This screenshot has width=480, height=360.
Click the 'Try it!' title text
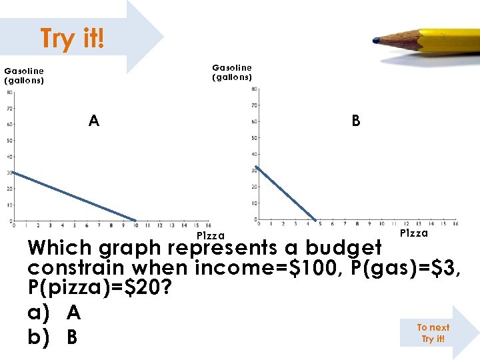[72, 39]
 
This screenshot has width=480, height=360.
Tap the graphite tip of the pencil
[377, 41]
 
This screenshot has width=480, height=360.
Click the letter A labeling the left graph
[94, 121]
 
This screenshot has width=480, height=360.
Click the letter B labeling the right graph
[356, 121]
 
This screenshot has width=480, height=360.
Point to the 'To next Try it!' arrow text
[433, 333]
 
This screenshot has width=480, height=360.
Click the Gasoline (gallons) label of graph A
[24, 75]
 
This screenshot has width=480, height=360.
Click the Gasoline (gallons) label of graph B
[232, 72]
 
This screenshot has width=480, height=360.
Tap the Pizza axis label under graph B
[414, 233]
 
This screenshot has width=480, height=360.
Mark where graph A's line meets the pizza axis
[136, 221]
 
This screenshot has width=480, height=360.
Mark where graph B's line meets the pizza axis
[317, 219]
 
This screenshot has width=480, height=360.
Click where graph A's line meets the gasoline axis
[12, 172]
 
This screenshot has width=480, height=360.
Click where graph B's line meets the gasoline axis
[257, 166]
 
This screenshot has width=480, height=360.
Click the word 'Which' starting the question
[60, 248]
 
